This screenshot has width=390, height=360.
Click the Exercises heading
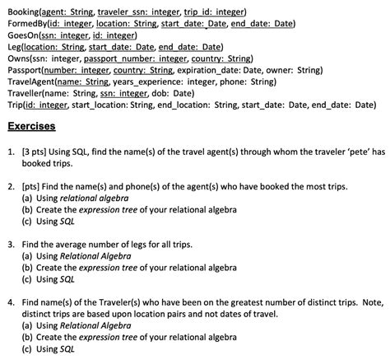coord(30,128)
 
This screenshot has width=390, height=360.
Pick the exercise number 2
coord(11,187)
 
